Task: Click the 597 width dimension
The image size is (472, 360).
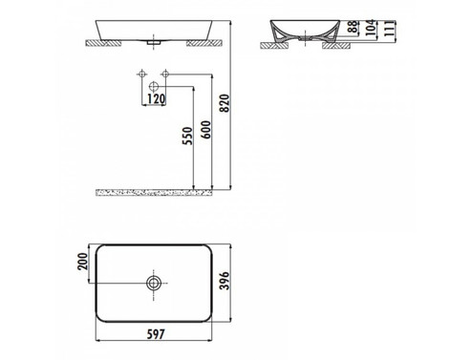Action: [x=156, y=334]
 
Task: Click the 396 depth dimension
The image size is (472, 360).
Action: [x=225, y=281]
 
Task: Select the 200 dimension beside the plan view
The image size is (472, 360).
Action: [x=82, y=262]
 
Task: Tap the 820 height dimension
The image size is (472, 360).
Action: [x=225, y=103]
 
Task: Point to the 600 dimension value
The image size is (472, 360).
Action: [x=206, y=130]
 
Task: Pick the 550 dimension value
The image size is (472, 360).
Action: [x=187, y=136]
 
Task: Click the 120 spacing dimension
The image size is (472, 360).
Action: [x=156, y=99]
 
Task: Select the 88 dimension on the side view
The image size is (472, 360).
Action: [x=353, y=27]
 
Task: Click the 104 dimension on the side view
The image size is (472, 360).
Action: [x=370, y=28]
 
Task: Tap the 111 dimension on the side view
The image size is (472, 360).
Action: [x=389, y=28]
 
